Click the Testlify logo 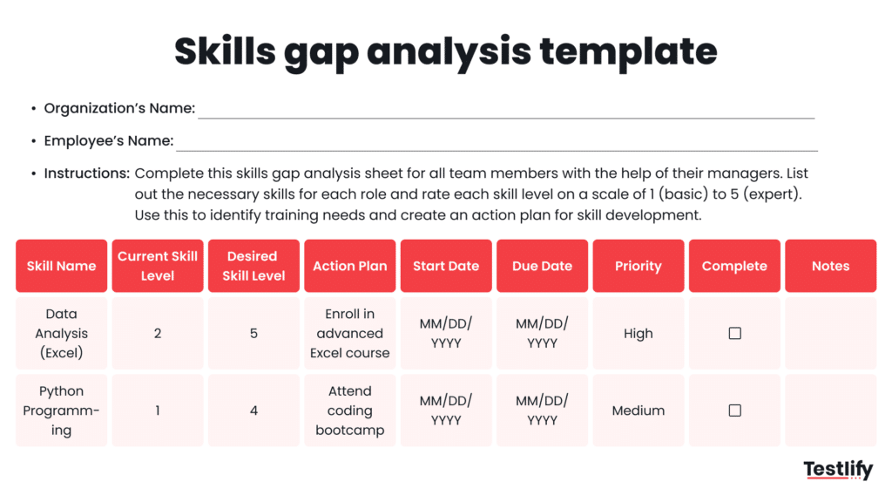tap(837, 470)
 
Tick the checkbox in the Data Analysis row tap(734, 333)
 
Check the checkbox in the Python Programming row tap(734, 410)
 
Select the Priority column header tap(639, 266)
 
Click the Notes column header tap(830, 266)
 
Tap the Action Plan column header tap(350, 266)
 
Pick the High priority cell tap(639, 333)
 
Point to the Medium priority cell tap(639, 410)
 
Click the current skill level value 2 tap(158, 333)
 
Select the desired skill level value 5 tap(253, 333)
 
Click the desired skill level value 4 tap(253, 410)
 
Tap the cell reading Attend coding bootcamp tap(350, 410)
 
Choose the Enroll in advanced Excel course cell tap(350, 333)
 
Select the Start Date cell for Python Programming tap(446, 410)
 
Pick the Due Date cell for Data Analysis tap(542, 333)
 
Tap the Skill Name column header tap(61, 266)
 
